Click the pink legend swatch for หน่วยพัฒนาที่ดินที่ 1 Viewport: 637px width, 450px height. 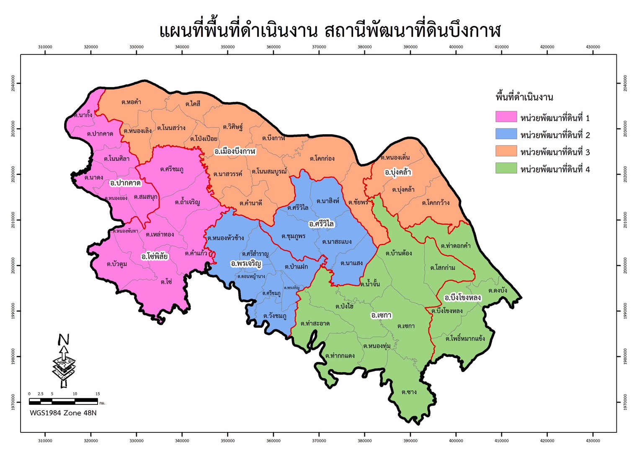point(506,117)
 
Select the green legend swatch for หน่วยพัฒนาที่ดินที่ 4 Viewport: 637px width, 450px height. point(506,168)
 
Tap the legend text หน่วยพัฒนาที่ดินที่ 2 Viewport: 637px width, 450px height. point(555,135)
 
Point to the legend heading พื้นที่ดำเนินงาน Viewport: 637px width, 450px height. point(524,97)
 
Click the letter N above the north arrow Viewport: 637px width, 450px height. point(64,340)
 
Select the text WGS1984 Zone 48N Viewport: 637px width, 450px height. point(63,413)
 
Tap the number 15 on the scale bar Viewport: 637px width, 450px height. point(98,394)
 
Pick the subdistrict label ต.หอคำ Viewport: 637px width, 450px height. point(131,102)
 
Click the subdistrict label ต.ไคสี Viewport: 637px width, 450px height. point(193,104)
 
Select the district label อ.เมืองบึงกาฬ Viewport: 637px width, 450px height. point(235,151)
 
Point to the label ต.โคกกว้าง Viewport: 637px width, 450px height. point(436,203)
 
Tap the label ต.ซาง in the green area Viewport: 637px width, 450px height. point(409,392)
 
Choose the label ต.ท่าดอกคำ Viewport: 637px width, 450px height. point(456,246)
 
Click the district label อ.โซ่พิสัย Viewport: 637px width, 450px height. point(155,256)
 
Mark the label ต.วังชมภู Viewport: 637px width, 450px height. point(275,316)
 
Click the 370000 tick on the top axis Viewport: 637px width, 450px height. point(319,47)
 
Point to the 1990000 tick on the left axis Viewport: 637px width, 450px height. point(13,311)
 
